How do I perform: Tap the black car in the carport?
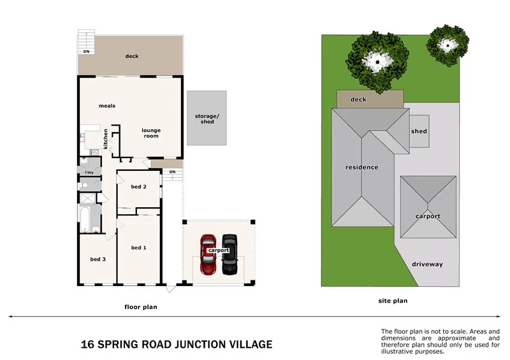pos(229,254)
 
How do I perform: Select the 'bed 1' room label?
pos(138,247)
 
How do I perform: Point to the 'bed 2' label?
pos(138,187)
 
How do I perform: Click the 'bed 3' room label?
pos(98,259)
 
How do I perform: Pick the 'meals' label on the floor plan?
pos(107,106)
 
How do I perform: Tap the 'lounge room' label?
pos(151,133)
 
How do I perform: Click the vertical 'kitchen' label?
pos(105,139)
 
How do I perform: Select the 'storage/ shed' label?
pos(207,119)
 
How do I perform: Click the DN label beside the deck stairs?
pos(86,52)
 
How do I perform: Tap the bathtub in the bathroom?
pos(84,220)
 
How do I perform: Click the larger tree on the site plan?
pos(377,62)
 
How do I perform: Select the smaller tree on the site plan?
pos(448,45)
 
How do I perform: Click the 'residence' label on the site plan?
pos(361,167)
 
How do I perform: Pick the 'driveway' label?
pos(427,264)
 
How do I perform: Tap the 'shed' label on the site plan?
pos(419,131)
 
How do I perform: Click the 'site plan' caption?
pos(393,301)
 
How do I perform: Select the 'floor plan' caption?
pos(141,306)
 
